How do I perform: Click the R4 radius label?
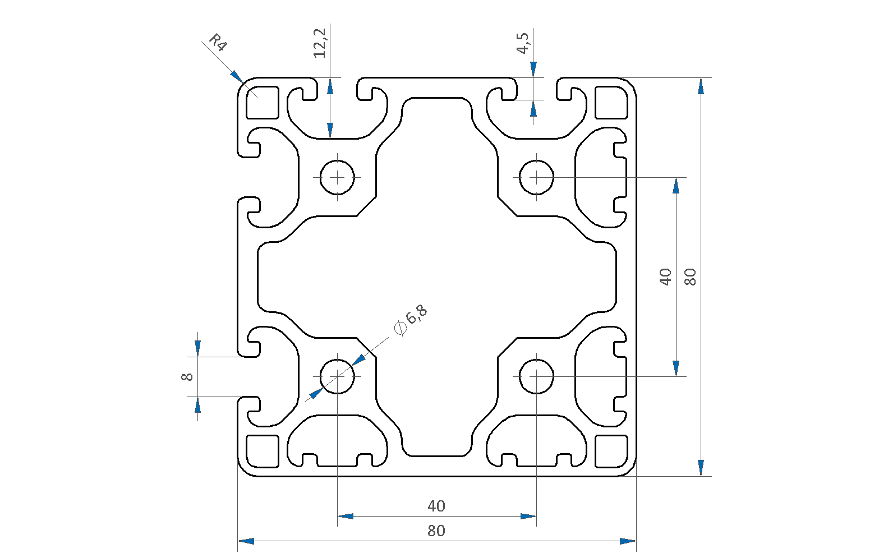click(x=218, y=43)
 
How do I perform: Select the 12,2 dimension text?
click(x=320, y=43)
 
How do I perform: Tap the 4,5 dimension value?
click(x=523, y=43)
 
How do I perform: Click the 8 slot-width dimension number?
click(x=187, y=377)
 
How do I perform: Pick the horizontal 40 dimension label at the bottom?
click(x=436, y=506)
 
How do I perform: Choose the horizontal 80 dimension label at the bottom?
click(x=436, y=531)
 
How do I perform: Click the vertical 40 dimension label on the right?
click(x=665, y=276)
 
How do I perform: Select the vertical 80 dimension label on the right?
click(x=691, y=276)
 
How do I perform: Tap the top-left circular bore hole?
click(x=337, y=177)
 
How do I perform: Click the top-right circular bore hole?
click(x=536, y=177)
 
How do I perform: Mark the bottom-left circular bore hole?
click(x=337, y=376)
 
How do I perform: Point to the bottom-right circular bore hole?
click(x=536, y=376)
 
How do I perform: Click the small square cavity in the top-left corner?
click(x=263, y=103)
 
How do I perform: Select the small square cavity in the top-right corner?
click(x=611, y=103)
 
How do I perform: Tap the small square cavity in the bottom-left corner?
click(x=263, y=451)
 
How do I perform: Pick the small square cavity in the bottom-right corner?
click(x=611, y=451)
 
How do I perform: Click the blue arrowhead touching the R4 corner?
click(x=237, y=77)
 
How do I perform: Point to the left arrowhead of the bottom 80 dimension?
click(x=246, y=541)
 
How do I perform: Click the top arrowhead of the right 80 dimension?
click(x=701, y=86)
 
